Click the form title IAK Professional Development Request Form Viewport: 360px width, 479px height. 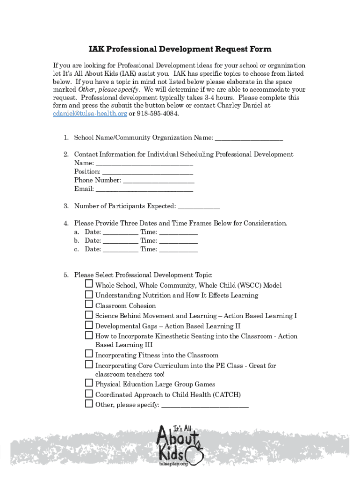[x=180, y=50]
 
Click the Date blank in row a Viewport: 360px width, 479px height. [x=120, y=232]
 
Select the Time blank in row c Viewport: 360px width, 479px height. [x=178, y=249]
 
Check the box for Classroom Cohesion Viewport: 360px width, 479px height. [x=89, y=305]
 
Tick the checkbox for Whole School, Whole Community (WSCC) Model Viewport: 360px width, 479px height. [x=89, y=284]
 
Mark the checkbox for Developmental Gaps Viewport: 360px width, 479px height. [x=89, y=325]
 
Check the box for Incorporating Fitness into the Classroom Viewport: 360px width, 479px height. [x=89, y=354]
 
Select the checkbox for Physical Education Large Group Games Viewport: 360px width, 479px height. [x=89, y=383]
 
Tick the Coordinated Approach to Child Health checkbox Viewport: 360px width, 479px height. [x=89, y=393]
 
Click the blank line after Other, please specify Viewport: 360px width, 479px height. [x=205, y=405]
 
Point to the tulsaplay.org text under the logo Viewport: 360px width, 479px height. [x=173, y=464]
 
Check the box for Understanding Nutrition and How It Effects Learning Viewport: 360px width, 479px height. [x=89, y=294]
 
